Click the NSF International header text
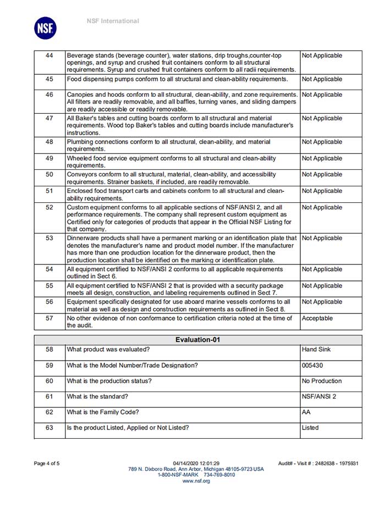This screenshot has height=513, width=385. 113,21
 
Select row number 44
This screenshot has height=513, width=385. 50,56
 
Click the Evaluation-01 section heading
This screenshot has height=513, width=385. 197,340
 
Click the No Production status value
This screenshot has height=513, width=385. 322,381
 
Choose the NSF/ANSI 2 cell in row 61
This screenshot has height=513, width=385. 318,396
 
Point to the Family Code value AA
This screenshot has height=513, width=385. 306,412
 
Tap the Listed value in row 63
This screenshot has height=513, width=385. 310,427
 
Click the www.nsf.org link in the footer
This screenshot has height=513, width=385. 196,481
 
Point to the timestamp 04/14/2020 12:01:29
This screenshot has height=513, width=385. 196,464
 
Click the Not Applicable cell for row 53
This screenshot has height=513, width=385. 322,238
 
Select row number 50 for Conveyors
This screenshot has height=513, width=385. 50,174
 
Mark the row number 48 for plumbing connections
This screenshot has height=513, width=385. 50,142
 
